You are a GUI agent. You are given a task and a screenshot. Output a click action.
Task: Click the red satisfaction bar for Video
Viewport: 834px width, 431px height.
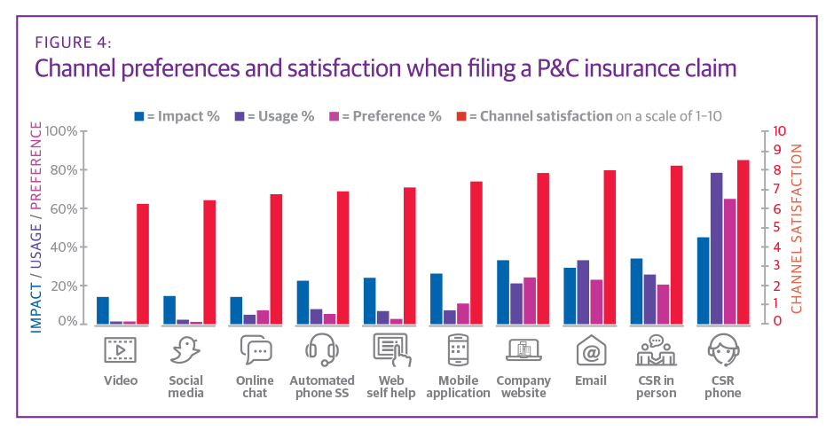click(143, 263)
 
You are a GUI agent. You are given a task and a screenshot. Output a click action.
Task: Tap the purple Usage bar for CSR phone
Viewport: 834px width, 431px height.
click(716, 248)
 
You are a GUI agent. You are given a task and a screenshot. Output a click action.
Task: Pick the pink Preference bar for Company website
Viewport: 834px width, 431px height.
click(529, 301)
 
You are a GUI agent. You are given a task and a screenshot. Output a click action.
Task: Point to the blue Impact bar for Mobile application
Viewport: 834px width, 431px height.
click(436, 298)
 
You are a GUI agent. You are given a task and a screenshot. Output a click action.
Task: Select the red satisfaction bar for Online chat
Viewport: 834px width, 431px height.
click(276, 259)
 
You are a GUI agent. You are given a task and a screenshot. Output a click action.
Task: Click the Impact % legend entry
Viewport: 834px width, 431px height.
click(177, 116)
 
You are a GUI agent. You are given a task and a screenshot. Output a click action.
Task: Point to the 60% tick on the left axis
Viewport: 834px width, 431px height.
click(61, 208)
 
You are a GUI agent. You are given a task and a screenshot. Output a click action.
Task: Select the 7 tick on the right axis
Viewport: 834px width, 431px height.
click(778, 189)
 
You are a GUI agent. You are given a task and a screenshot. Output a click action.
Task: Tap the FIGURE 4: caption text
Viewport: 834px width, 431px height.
click(74, 43)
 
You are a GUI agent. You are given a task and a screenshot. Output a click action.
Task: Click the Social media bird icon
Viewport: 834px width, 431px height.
click(186, 351)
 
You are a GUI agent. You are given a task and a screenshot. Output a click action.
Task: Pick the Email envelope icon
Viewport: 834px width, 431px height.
click(591, 351)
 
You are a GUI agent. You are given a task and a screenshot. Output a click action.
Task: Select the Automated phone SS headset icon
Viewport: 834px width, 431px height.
click(322, 351)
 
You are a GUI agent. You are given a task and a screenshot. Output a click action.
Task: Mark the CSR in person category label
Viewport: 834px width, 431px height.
click(657, 387)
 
